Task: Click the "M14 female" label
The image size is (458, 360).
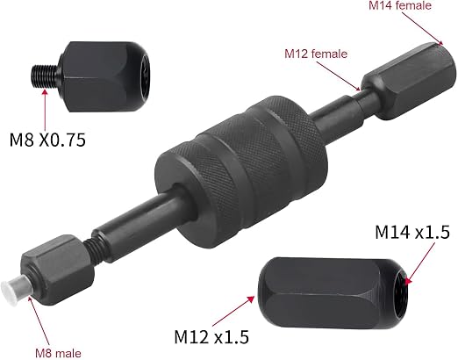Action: click(400, 5)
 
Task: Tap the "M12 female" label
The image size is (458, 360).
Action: click(316, 54)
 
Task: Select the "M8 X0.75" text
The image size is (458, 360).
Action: click(47, 140)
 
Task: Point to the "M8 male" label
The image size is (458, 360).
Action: click(58, 353)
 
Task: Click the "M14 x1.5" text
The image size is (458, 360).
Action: click(412, 233)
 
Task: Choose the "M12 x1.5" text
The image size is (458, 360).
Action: click(211, 336)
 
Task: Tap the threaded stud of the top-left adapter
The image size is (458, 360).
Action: click(45, 76)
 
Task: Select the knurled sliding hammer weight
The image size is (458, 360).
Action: click(240, 172)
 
